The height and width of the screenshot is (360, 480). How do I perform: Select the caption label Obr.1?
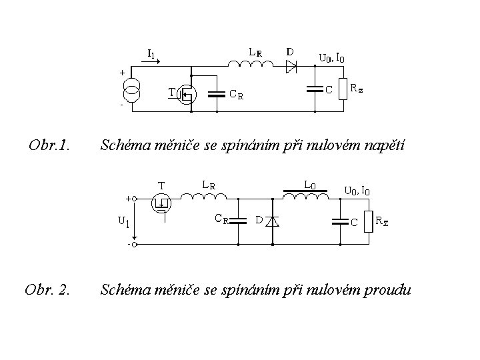coord(50,143)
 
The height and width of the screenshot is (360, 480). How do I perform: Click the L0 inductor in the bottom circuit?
coord(306,194)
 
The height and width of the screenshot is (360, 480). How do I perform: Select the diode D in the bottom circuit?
coord(272,221)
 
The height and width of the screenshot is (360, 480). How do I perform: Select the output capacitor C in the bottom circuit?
coord(341,221)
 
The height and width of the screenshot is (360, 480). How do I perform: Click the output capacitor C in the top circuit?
coord(313,89)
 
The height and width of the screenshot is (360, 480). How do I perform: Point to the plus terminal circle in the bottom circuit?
coord(134,198)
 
